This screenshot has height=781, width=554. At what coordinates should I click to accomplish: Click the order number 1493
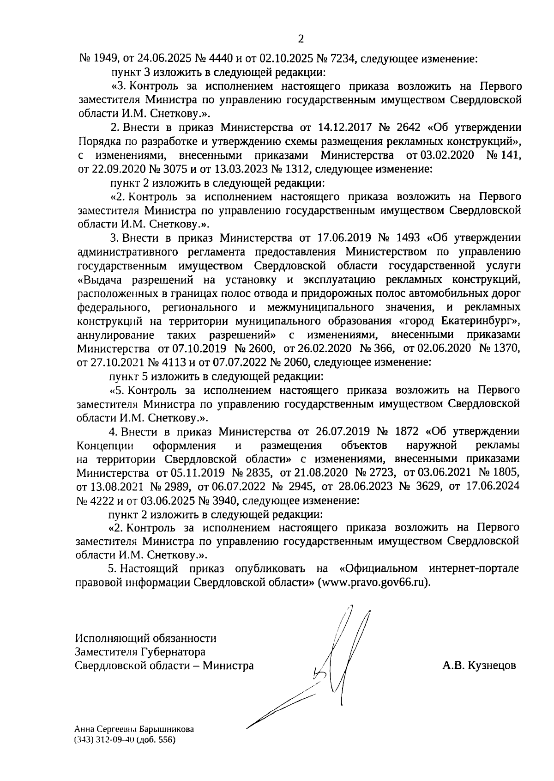point(408,238)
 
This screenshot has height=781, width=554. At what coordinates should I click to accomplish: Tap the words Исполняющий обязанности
point(146,639)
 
